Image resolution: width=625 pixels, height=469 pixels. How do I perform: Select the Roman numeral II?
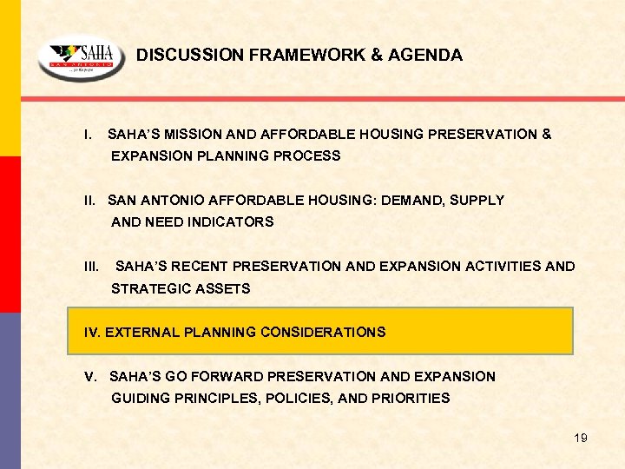tap(89, 200)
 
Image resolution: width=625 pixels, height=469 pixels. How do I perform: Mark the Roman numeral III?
tap(92, 266)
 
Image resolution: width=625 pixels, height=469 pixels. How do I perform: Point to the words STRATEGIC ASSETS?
tap(181, 288)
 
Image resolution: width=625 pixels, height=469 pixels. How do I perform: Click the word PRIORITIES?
tap(408, 398)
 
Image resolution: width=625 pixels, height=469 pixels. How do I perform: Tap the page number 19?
tap(580, 438)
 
